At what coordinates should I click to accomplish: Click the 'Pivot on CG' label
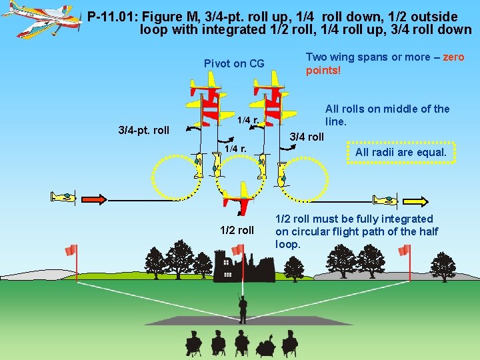click(234, 64)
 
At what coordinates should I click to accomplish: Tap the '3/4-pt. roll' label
click(143, 129)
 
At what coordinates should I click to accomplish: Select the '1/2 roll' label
click(237, 231)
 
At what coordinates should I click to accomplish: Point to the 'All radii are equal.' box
click(401, 152)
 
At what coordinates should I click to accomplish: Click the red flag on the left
click(71, 250)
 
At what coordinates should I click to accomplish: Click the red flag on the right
click(405, 250)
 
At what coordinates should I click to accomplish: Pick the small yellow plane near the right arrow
click(385, 199)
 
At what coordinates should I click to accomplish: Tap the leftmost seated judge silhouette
click(193, 344)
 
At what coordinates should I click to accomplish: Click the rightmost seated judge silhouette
click(290, 344)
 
